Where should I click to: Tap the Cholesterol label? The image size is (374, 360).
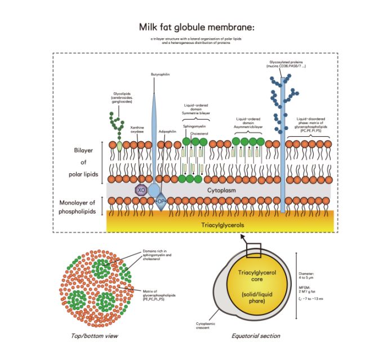coord(201,134)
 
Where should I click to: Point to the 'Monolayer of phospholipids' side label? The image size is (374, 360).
coord(79,207)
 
